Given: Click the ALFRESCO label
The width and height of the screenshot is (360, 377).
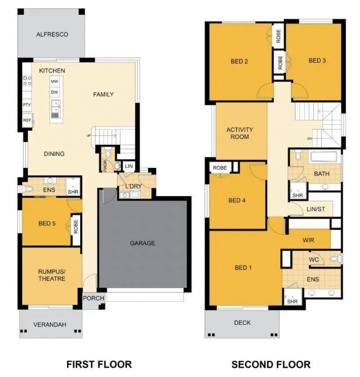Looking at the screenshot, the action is pyautogui.click(x=52, y=34).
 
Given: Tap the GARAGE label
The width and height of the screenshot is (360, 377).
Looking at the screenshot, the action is pyautogui.click(x=142, y=243).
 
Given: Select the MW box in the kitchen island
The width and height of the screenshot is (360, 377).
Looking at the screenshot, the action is pyautogui.click(x=54, y=81).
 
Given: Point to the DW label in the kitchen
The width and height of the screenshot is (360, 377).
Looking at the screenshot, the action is pyautogui.click(x=54, y=92).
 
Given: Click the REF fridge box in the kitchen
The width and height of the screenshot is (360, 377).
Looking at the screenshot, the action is pyautogui.click(x=27, y=120).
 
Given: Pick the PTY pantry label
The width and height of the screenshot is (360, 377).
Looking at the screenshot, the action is pyautogui.click(x=27, y=105).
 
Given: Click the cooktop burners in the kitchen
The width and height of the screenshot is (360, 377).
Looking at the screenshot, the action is pyautogui.click(x=27, y=81).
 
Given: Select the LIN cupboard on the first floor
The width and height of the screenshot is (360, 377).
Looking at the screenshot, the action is pyautogui.click(x=129, y=166).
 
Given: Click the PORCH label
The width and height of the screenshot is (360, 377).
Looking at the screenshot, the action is pyautogui.click(x=94, y=298).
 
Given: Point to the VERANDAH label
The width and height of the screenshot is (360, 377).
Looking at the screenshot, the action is pyautogui.click(x=50, y=324).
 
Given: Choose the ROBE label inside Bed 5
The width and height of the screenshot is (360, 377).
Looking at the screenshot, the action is pyautogui.click(x=76, y=226).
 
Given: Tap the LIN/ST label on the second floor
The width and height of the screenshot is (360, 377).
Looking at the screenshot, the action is pyautogui.click(x=316, y=209).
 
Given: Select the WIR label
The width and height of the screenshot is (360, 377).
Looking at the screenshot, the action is pyautogui.click(x=308, y=240).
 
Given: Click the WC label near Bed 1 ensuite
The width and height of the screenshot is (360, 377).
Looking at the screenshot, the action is pyautogui.click(x=314, y=260).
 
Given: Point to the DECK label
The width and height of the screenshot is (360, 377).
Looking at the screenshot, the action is pyautogui.click(x=243, y=323).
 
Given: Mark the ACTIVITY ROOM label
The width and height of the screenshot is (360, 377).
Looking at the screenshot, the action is pyautogui.click(x=240, y=133).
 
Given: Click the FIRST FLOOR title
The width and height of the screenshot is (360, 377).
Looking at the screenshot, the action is pyautogui.click(x=99, y=364).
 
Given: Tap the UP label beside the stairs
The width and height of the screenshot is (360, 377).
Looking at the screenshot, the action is pyautogui.click(x=89, y=136).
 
